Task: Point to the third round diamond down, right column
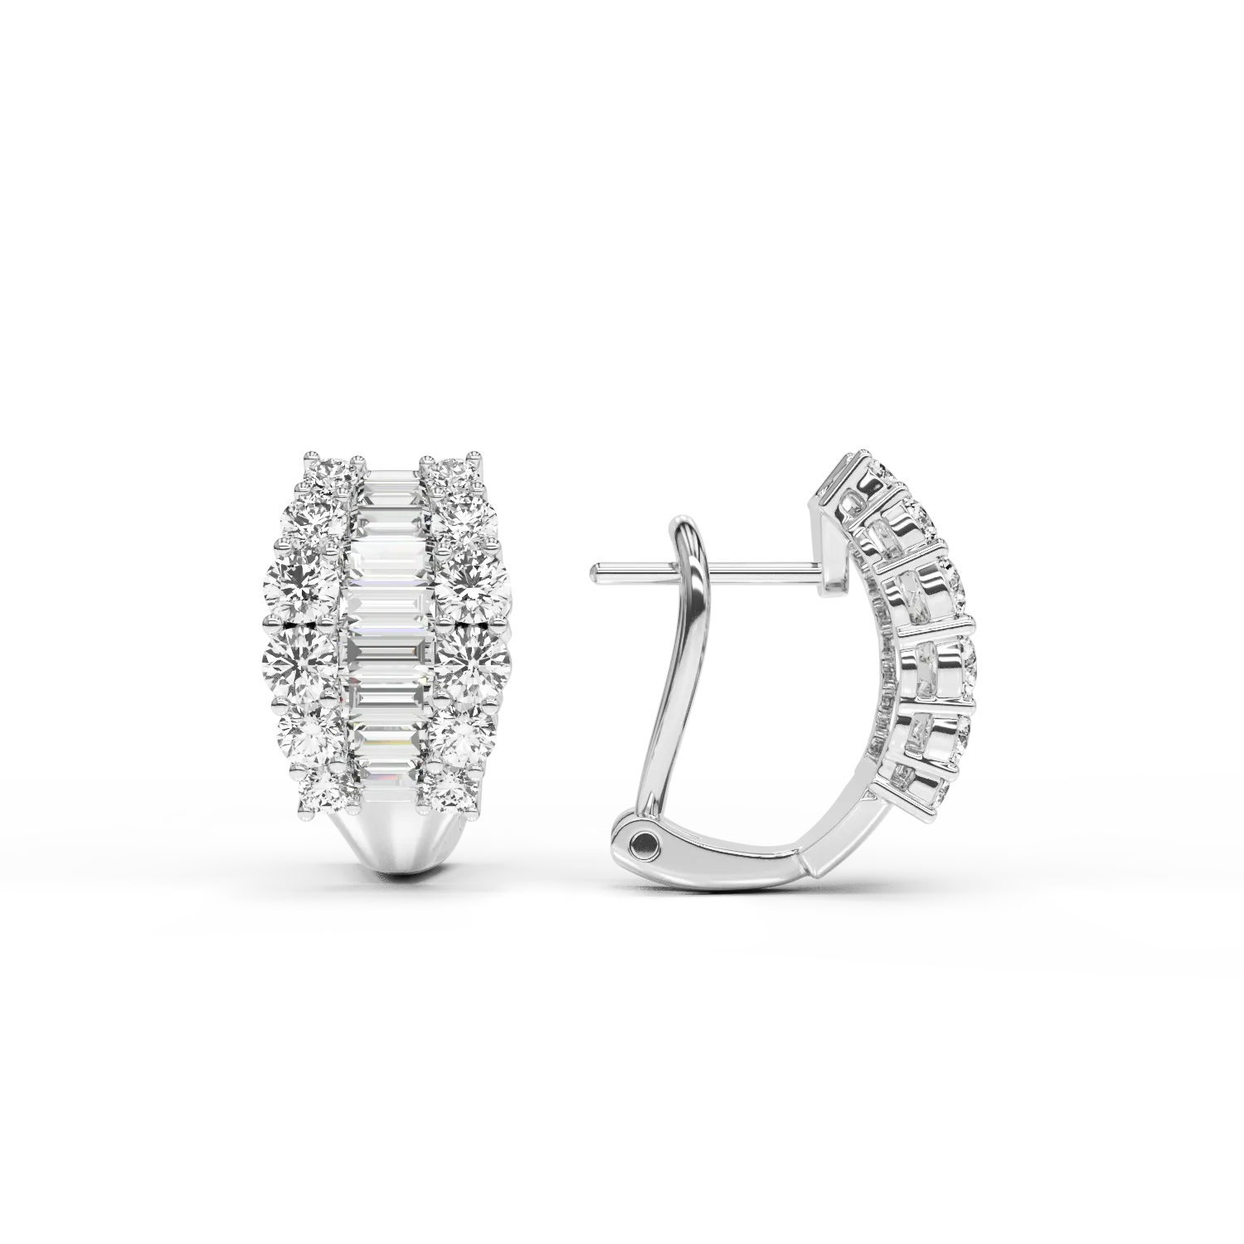(469, 577)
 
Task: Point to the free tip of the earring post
(595, 569)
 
